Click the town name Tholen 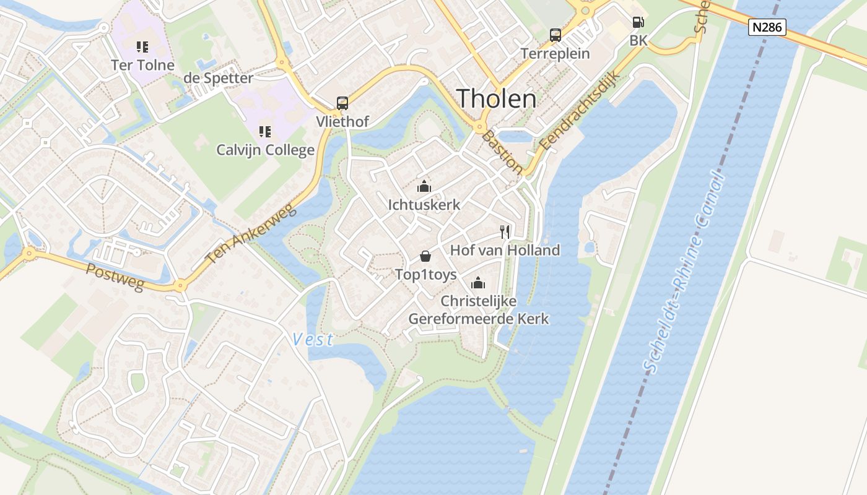point(496,99)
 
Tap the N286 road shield point(767,27)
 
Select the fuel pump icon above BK point(638,23)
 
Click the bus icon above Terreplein point(555,35)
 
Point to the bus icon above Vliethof point(342,103)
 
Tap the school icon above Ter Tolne point(142,46)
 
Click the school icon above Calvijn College point(265,131)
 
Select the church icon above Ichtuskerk point(424,186)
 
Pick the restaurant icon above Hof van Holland point(505,232)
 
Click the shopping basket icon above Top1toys point(425,256)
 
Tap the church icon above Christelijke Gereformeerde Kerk point(478,283)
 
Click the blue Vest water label point(313,339)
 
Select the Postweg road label point(115,277)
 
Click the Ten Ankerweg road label point(250,235)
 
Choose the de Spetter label point(218,79)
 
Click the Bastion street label point(502,152)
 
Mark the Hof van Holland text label point(505,250)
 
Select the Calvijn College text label point(265,150)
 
